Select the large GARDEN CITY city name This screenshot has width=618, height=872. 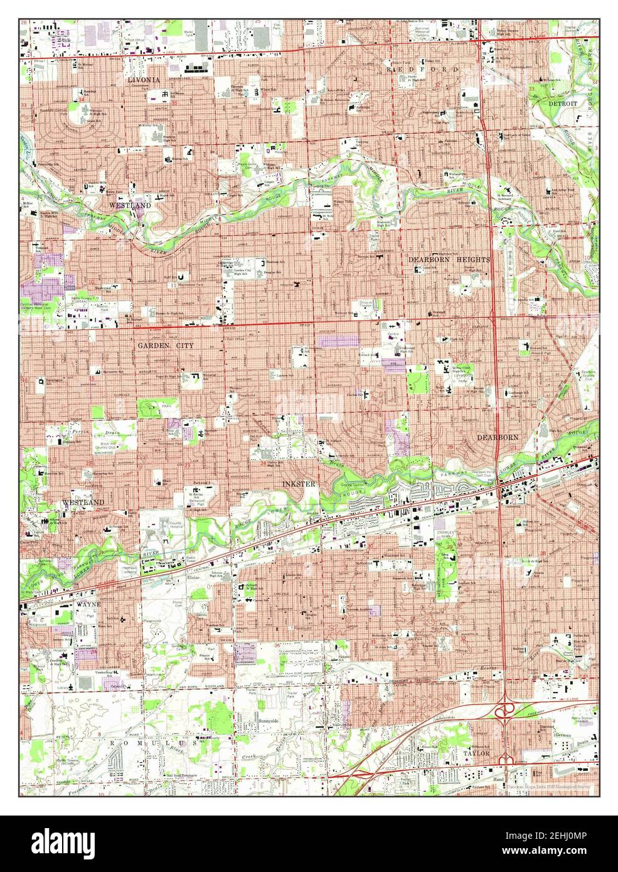coord(166,345)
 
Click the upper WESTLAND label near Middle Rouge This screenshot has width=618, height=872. coord(129,205)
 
